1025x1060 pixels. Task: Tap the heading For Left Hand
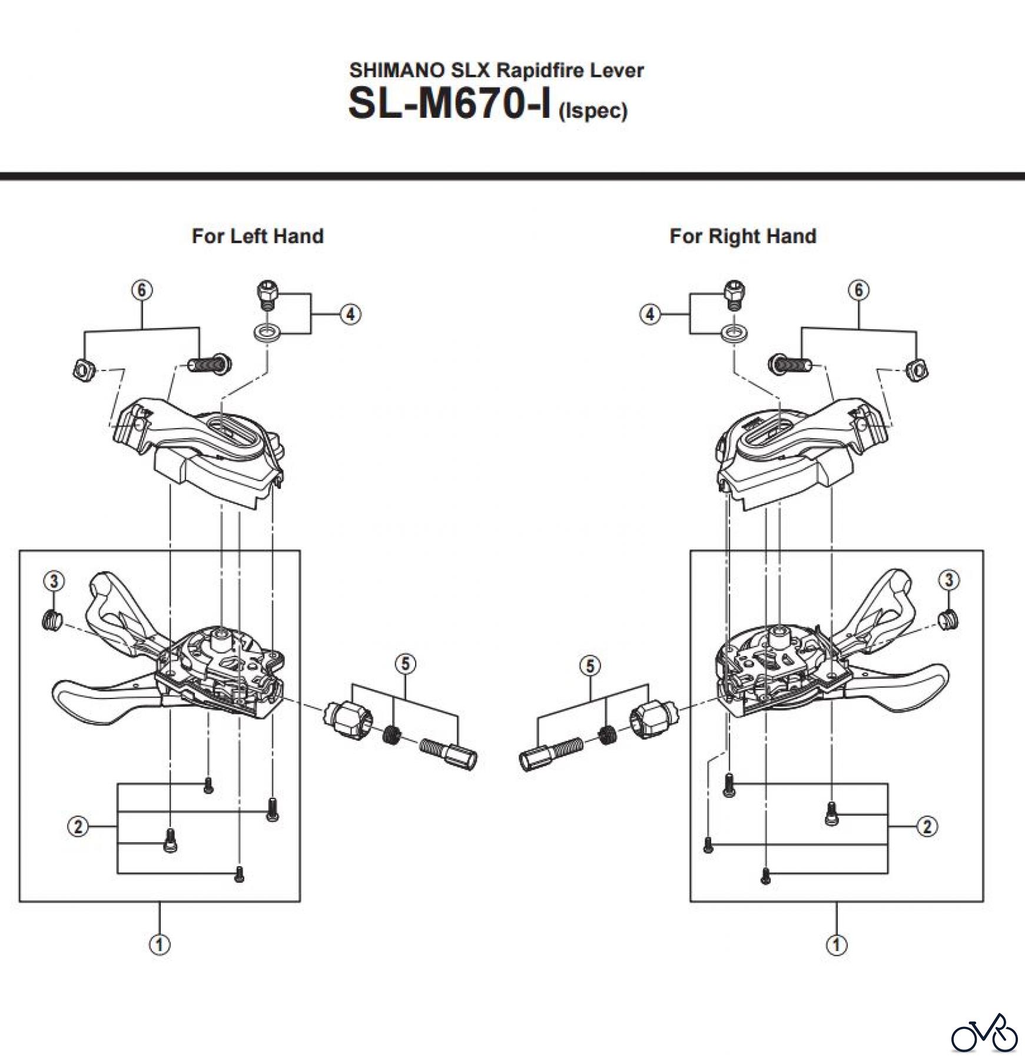[x=257, y=236]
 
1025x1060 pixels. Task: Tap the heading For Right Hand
[x=742, y=236]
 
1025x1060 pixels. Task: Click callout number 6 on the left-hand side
[x=141, y=290]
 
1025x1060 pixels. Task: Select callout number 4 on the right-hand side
[x=650, y=314]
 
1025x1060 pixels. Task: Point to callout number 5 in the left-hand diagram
[x=405, y=664]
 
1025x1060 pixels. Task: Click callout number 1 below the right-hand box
[x=836, y=945]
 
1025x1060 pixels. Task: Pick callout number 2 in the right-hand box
[x=927, y=827]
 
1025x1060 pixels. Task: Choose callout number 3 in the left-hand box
[x=54, y=581]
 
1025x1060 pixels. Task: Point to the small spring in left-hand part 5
[x=392, y=734]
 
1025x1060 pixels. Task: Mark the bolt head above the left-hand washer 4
[x=267, y=293]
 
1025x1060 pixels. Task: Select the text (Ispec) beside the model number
[x=593, y=111]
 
